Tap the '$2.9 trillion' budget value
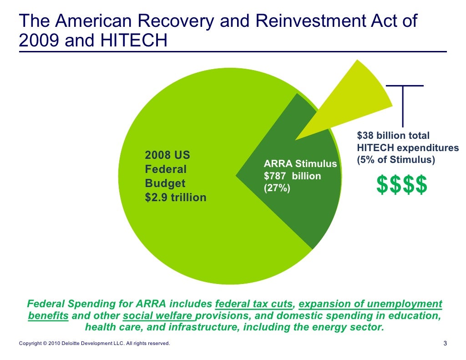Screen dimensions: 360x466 (175, 198)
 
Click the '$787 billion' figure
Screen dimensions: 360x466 (293, 176)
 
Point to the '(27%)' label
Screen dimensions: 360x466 (277, 188)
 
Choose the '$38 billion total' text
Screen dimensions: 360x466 (393, 136)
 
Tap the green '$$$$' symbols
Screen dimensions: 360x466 (402, 185)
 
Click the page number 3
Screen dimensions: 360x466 (445, 344)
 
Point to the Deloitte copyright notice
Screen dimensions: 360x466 (94, 344)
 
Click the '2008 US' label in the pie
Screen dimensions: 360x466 (167, 156)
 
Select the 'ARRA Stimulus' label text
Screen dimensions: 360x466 (300, 164)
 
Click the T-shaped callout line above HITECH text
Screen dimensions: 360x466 (403, 105)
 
